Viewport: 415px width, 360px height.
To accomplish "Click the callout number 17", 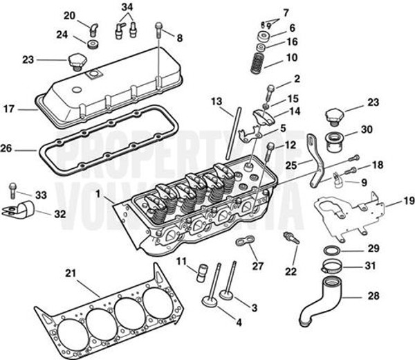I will coord(9,109).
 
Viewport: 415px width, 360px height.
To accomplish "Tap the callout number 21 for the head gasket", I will coord(71,273).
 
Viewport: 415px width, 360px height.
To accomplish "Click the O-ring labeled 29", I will coord(331,249).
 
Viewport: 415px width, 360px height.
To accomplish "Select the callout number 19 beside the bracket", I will coord(408,201).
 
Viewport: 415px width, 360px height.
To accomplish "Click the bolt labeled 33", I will coord(12,187).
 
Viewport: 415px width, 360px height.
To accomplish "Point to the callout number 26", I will coord(9,149).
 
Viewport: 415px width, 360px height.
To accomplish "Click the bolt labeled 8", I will coord(160,29).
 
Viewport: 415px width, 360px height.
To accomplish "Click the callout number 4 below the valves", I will coord(238,322).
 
